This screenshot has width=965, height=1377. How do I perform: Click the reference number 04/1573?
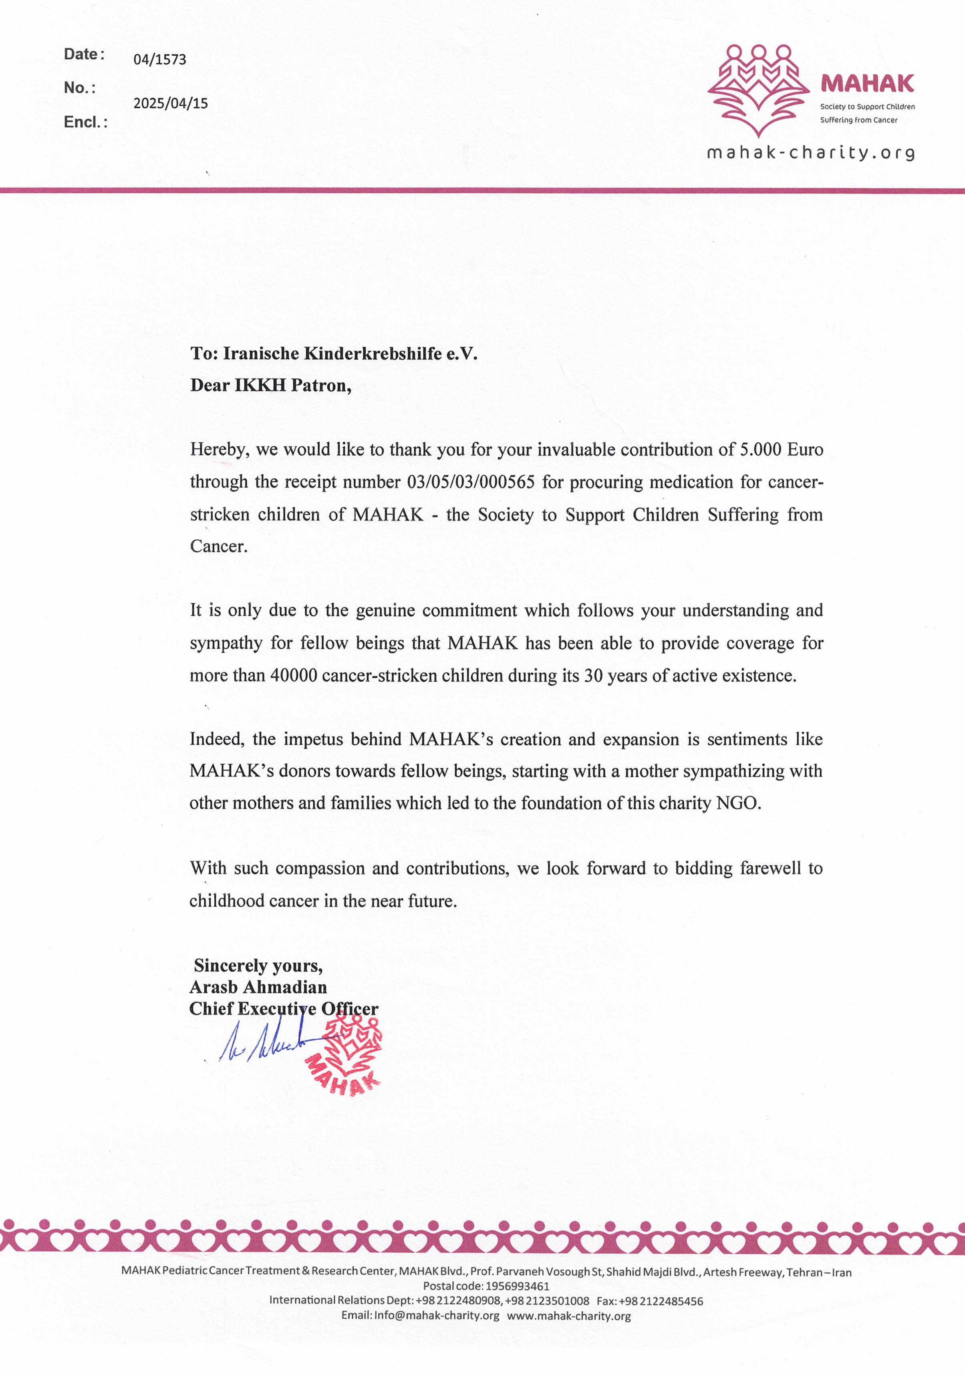(159, 59)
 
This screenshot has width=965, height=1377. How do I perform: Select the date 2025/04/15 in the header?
(170, 103)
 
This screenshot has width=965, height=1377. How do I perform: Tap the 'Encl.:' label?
(85, 122)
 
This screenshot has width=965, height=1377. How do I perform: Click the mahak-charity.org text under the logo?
(811, 153)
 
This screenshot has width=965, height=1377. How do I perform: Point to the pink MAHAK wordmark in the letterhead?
(867, 83)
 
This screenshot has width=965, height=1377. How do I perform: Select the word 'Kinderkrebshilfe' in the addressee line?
(373, 353)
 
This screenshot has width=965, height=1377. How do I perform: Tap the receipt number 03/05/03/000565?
(470, 482)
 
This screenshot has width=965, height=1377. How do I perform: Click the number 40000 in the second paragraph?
(293, 675)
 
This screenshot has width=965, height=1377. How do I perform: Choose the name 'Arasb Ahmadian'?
(258, 987)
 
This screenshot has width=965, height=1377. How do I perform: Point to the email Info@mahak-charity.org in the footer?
(437, 1316)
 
